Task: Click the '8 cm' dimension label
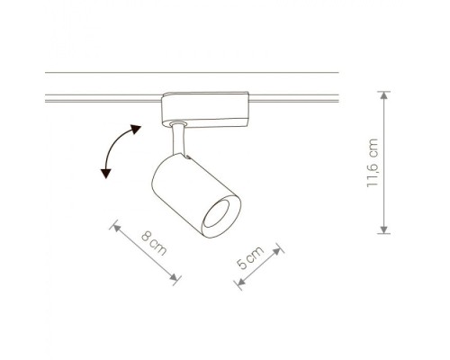pos(156,244)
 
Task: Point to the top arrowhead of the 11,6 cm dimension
pos(385,94)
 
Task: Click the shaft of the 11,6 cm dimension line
pos(385,162)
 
